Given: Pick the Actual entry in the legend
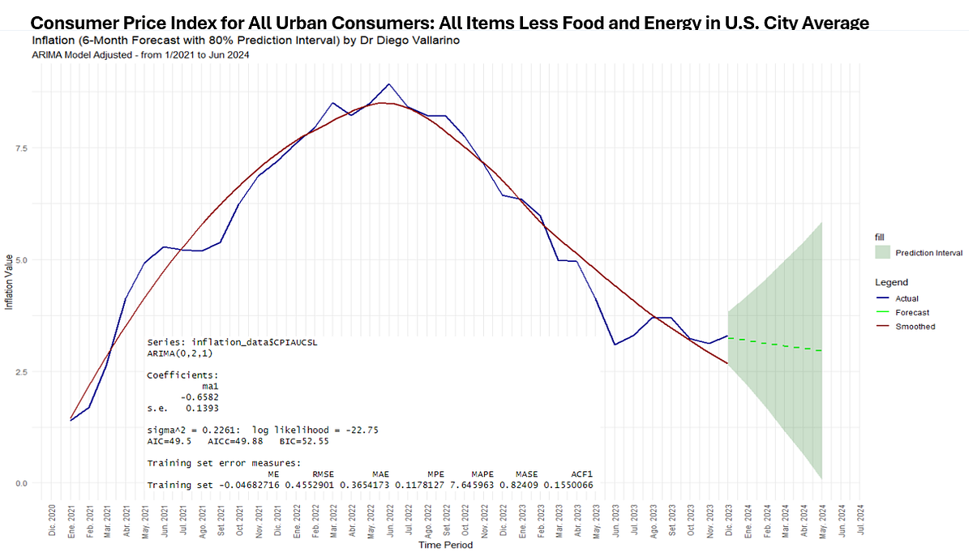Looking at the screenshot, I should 907,298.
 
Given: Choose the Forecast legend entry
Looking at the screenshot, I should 912,312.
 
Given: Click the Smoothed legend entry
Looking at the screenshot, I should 915,327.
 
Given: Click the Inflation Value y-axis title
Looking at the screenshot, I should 10,282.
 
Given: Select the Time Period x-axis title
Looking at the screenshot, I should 445,545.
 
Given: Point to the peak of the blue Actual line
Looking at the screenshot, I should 389,84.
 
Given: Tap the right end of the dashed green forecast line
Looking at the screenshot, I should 822,351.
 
